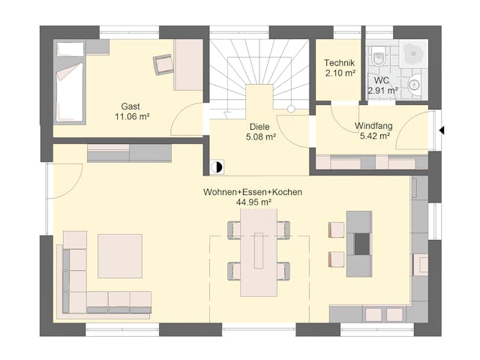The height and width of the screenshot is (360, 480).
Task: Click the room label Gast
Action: (x=130, y=106)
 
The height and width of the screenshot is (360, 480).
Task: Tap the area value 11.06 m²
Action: (x=133, y=117)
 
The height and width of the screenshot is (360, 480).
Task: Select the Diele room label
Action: (x=259, y=126)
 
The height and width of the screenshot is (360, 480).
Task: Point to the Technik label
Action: (x=339, y=62)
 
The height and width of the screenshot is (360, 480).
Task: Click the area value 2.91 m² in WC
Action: (x=382, y=91)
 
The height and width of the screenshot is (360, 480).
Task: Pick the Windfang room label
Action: (x=373, y=125)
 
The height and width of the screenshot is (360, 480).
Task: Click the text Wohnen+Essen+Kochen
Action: (x=252, y=193)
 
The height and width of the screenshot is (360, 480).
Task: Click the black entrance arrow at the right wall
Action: (x=442, y=130)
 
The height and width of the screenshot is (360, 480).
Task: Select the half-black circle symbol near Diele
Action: (x=217, y=168)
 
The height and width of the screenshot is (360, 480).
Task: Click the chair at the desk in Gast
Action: (x=163, y=64)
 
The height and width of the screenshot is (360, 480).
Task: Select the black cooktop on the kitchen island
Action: (x=361, y=245)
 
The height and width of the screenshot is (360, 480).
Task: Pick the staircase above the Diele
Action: (x=259, y=71)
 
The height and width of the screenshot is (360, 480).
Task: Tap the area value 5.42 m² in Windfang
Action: (x=374, y=136)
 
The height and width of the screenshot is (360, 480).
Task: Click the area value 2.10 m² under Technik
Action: (x=339, y=73)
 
